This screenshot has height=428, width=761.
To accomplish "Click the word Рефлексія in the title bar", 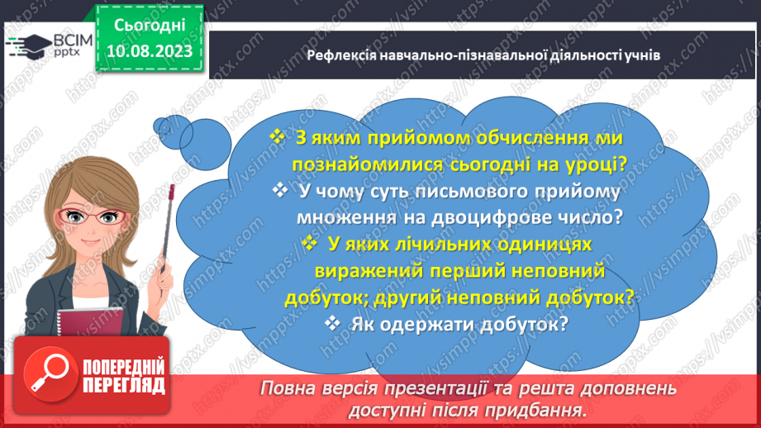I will click(x=338, y=55).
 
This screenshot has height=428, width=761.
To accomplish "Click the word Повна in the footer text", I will click(x=288, y=388).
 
